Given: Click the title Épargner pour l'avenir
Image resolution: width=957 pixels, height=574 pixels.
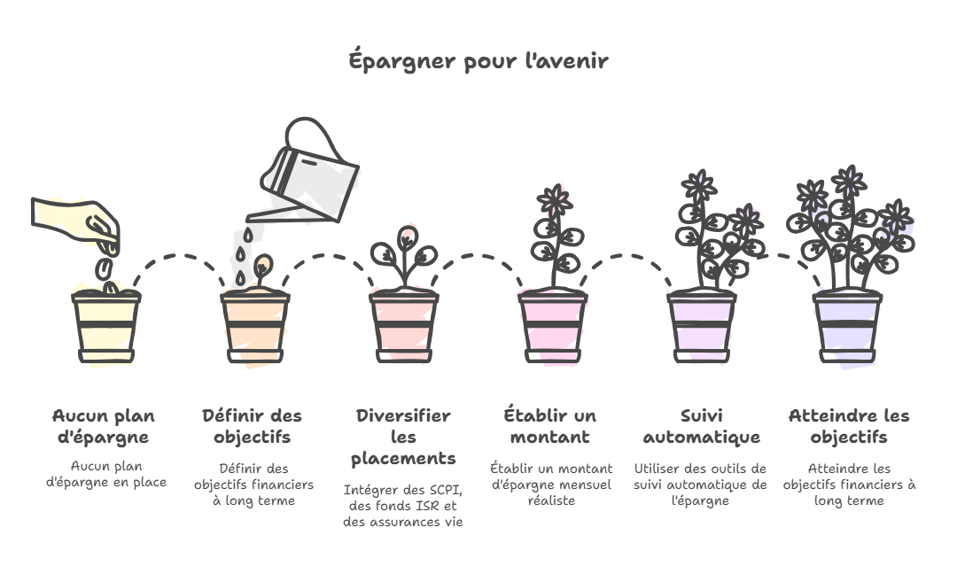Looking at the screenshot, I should [x=478, y=62].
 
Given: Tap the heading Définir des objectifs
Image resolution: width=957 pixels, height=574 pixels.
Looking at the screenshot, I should [x=252, y=426].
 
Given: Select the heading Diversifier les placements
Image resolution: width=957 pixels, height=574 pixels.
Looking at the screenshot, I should [x=403, y=437].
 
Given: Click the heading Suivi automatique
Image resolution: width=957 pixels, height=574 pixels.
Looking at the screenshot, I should [x=700, y=426].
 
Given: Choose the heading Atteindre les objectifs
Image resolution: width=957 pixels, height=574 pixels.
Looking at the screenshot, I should [x=849, y=426].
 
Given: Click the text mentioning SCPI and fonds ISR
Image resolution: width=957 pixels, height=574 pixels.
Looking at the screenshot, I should [x=403, y=506].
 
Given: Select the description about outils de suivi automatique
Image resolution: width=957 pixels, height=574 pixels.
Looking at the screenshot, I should [x=700, y=484].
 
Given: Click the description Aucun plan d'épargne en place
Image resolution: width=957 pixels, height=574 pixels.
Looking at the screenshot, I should [x=106, y=474].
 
